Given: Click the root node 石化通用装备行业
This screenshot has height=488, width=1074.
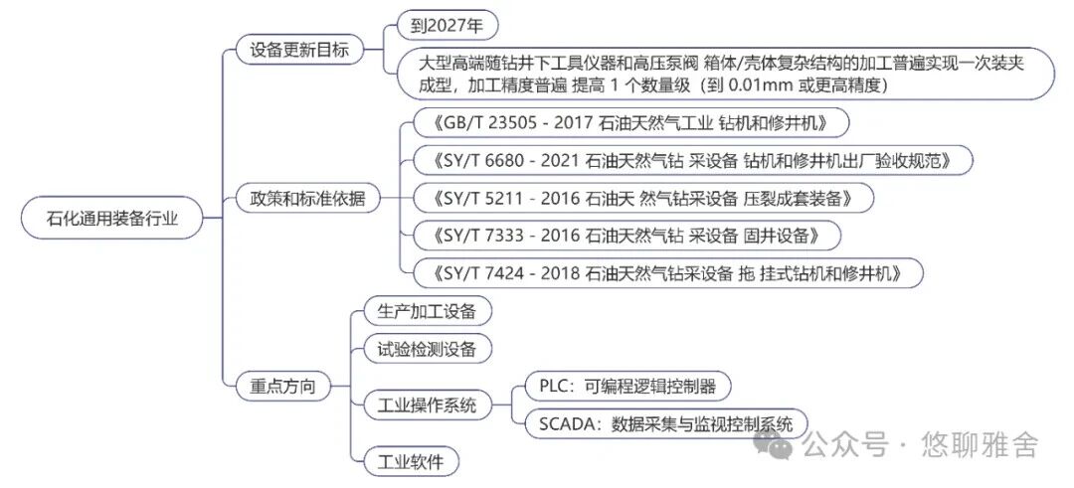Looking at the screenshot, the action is pos(111,219).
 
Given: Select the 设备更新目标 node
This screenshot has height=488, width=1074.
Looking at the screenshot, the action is pos(299,50).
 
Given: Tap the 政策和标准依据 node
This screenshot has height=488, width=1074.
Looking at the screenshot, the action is pos(306,199).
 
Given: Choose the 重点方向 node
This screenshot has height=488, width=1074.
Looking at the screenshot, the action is pos(283,386).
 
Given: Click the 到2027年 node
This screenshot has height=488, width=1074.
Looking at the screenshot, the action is pos(447,26).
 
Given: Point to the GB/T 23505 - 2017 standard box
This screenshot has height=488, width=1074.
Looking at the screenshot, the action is pos(630,123).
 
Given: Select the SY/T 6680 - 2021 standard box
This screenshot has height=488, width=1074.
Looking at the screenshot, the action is pos(692,161).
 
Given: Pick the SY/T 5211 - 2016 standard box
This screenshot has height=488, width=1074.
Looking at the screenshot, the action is pos(643,199).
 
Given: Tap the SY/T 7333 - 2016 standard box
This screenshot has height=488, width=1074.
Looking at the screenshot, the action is pos(626,237).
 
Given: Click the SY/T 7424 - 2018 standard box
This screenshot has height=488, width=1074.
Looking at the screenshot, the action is pos(668,273).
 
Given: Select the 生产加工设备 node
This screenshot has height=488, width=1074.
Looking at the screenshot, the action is pos(427,311).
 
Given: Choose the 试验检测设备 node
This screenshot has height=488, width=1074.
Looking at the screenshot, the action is pos(427,349).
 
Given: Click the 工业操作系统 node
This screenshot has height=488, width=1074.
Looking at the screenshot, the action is pos(427,406).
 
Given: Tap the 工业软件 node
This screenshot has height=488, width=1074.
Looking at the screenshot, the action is pos(411,461).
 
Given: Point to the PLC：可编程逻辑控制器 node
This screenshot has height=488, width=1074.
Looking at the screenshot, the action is pos(627,386).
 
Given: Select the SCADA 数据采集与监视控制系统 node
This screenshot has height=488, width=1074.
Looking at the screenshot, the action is pos(665,423).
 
